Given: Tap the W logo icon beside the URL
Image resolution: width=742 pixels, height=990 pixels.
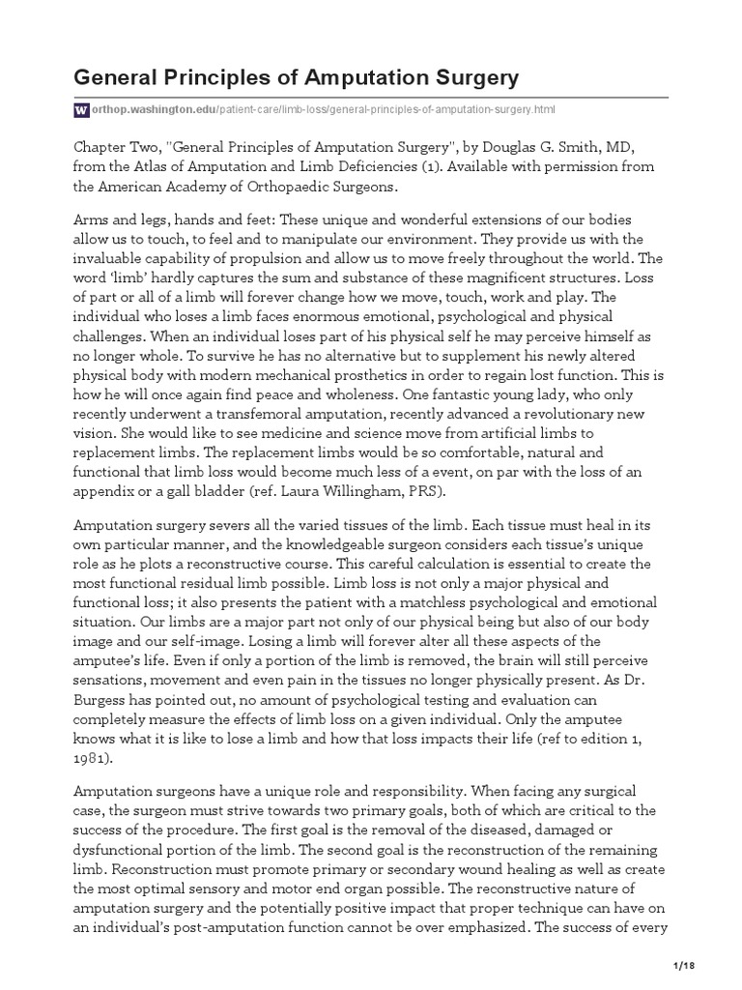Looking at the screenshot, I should tap(81, 110).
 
